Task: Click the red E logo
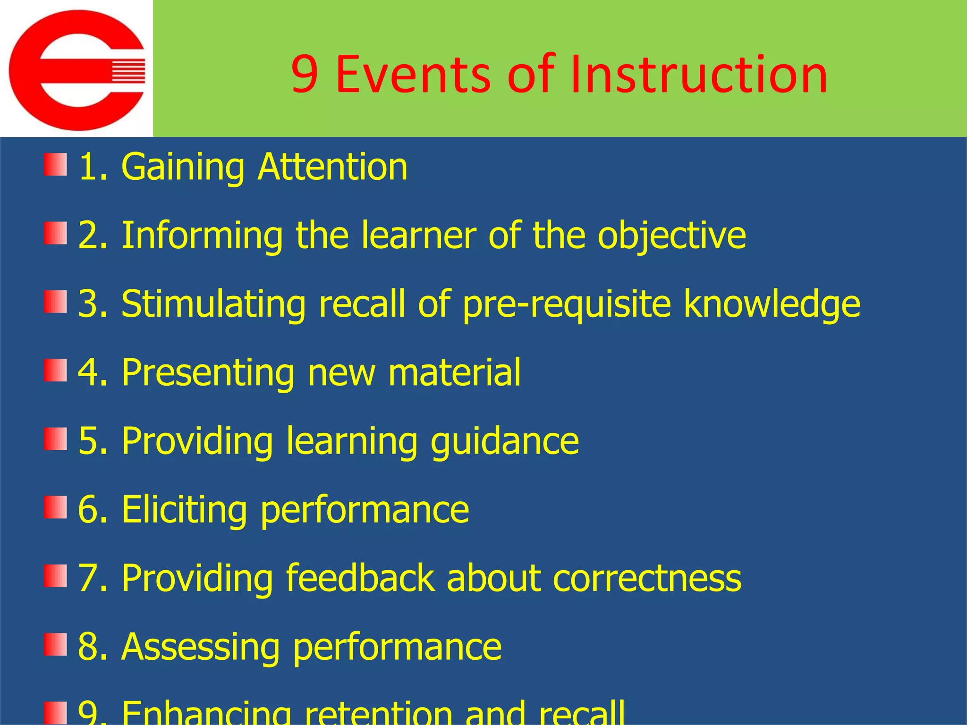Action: click(x=77, y=70)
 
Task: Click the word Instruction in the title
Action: click(x=698, y=75)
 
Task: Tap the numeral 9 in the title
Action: click(x=304, y=75)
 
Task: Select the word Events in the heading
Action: click(x=413, y=75)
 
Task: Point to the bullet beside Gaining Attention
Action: click(x=55, y=164)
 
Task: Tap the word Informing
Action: click(x=202, y=236)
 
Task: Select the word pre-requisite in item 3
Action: click(x=566, y=304)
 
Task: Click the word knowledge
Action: click(x=772, y=304)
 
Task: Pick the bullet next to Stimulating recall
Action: click(x=55, y=302)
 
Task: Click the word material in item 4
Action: click(x=454, y=372)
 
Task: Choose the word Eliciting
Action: click(x=184, y=509)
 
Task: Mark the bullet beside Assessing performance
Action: click(x=55, y=645)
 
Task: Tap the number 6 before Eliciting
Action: click(x=88, y=509)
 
